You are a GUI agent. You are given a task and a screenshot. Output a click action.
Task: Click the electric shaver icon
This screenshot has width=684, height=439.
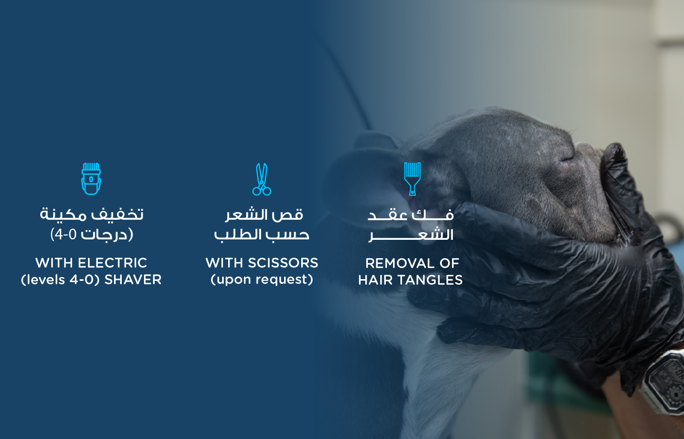tap(91, 179)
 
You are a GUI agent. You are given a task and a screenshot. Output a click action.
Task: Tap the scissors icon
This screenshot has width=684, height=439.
tap(262, 180)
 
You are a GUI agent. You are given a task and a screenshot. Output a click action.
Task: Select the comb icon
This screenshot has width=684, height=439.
tap(412, 179)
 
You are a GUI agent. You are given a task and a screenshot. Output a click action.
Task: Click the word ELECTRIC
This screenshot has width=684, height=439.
tap(112, 263)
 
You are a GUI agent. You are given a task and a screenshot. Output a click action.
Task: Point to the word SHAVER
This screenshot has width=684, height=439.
tap(133, 280)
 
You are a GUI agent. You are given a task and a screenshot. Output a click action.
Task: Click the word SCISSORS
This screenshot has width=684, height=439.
tap(283, 263)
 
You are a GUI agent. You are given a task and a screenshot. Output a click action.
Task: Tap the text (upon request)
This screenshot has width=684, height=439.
tap(262, 280)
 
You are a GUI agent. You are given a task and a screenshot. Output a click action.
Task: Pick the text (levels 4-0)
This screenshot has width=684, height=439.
tap(61, 280)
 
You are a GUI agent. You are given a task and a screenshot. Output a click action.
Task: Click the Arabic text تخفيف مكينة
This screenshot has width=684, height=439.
tap(91, 214)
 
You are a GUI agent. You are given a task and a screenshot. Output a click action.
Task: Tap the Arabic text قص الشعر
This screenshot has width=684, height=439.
tap(264, 215)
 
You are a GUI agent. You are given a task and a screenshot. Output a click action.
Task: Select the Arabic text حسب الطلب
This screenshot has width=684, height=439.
tap(262, 235)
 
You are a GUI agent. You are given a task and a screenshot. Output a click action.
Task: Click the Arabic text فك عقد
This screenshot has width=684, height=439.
tap(411, 215)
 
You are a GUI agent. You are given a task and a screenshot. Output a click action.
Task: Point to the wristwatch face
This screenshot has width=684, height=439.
tap(667, 383)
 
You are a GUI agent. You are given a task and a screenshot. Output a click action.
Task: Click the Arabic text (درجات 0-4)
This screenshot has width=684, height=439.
tap(91, 234)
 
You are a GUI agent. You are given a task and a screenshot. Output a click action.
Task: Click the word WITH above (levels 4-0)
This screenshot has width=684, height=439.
tap(54, 263)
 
